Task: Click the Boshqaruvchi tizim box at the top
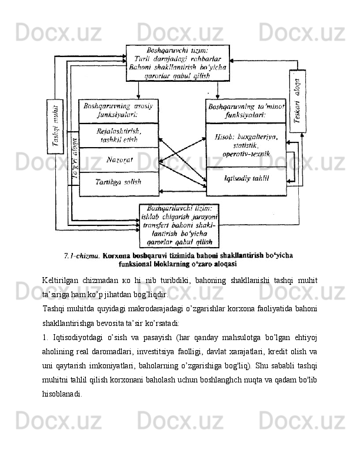178,62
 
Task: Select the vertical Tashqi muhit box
56,126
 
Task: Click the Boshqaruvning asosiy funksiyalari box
119,111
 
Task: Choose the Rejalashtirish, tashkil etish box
119,135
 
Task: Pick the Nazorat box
119,159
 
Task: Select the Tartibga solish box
119,182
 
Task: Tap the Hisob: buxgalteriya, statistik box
246,145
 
